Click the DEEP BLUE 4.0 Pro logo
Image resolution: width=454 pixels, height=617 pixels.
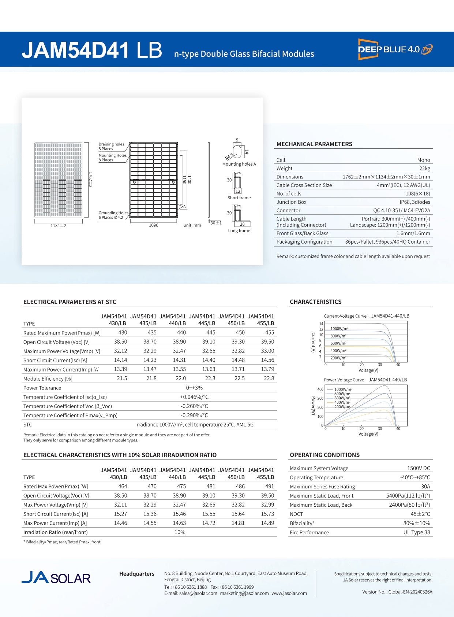coord(395,49)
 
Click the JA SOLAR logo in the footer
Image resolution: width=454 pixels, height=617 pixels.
coord(56,578)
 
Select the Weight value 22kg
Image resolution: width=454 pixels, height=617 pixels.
coord(424,169)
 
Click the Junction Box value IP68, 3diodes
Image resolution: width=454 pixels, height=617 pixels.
coord(414,202)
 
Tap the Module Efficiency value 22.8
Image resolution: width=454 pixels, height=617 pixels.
coord(269,378)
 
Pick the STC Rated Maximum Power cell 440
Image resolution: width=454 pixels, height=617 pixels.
coord(181,333)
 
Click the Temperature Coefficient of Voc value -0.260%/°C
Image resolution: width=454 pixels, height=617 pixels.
coord(194,406)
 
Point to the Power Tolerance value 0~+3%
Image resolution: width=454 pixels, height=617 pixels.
coord(194,388)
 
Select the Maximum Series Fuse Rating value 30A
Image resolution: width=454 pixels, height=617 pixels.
coord(425,487)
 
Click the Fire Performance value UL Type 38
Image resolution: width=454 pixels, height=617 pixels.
coord(417,532)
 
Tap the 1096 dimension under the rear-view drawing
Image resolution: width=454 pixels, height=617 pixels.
coord(154,225)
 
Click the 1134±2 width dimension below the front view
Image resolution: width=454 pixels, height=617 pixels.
coord(59,226)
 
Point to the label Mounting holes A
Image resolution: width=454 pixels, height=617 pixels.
coord(239,164)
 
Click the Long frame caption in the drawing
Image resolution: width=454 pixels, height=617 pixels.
coord(239,231)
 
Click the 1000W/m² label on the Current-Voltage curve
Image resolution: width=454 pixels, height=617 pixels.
coord(339,329)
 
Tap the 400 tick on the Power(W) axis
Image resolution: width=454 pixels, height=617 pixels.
coord(320,389)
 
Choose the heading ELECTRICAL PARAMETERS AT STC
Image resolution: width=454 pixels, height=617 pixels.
coord(70,302)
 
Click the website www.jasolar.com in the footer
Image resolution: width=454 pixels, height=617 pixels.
coord(289,593)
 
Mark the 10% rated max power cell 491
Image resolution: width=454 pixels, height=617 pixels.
coord(270,487)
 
